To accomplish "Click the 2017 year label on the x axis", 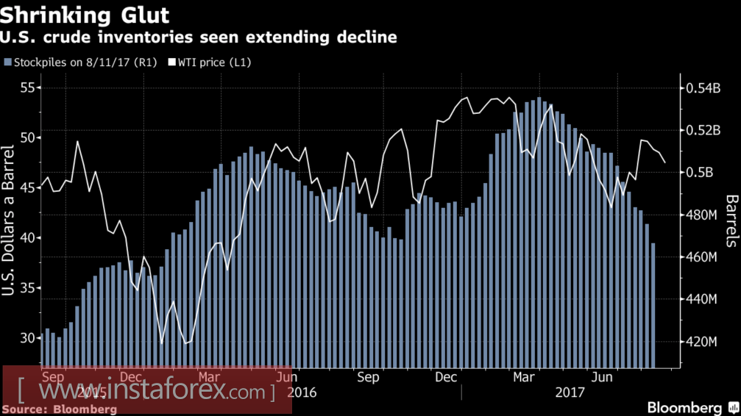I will pos(570,392).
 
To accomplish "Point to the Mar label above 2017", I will pos(523,377).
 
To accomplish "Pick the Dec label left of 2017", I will pos(447,377).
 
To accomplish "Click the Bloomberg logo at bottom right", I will pos(684,407).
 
